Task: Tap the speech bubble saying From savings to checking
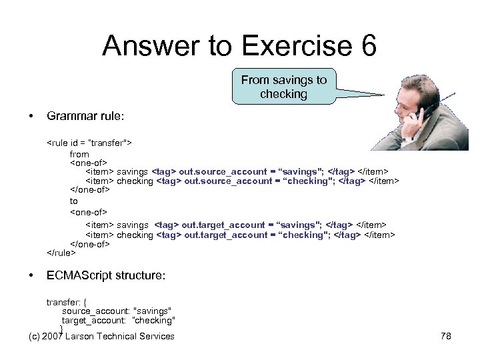[x=283, y=87]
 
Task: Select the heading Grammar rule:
[x=85, y=116]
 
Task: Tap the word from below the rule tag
[x=79, y=154]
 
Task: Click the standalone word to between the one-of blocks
[x=74, y=201]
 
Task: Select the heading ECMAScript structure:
[x=106, y=275]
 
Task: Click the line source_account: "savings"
[x=117, y=311]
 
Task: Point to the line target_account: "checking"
[x=118, y=321]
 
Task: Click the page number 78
[x=446, y=336]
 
